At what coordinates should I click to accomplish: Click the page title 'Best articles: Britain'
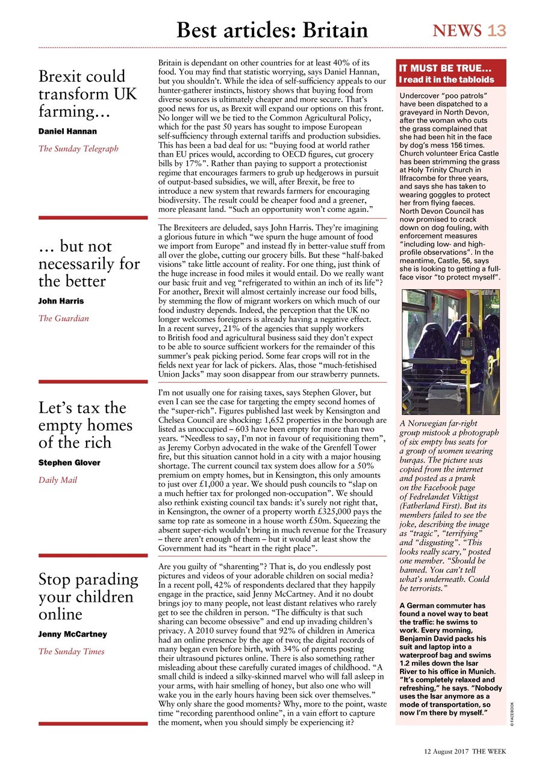coord(272,30)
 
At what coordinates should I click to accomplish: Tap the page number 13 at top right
coord(497,30)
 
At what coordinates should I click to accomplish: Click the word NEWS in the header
coord(458,30)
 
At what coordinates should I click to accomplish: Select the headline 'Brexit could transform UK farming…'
coord(88,94)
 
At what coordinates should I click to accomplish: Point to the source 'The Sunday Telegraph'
coord(78,148)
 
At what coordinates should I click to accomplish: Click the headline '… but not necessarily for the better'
coord(89,264)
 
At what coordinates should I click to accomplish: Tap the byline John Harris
coord(61,301)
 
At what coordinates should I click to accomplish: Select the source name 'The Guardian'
coord(64,318)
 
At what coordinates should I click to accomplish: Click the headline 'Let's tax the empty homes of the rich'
coord(86,425)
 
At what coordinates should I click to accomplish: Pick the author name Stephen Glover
coord(69,463)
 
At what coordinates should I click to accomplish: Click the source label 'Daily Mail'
coord(58,480)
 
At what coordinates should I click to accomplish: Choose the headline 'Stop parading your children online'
coord(88,596)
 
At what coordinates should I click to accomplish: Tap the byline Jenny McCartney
coord(72,634)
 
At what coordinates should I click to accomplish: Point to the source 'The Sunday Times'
coord(71,651)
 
